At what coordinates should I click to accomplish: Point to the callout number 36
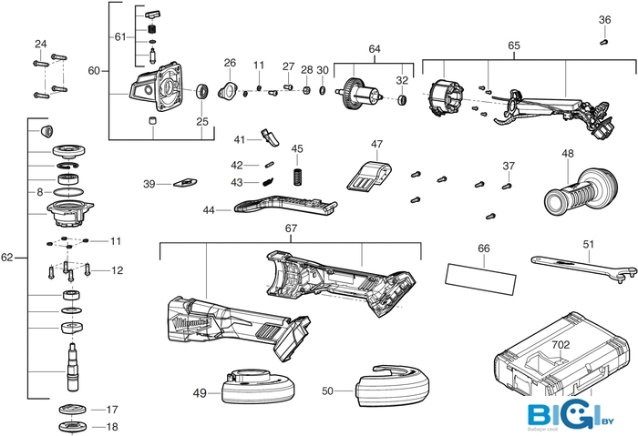pos(604,20)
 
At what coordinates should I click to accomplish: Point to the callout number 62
pos(7,258)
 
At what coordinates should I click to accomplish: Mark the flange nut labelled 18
pos(73,428)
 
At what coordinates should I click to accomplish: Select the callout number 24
pos(40,44)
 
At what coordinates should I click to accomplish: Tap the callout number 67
pos(291,228)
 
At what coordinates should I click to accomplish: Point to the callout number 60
pos(94,70)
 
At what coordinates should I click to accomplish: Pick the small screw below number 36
pos(603,41)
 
